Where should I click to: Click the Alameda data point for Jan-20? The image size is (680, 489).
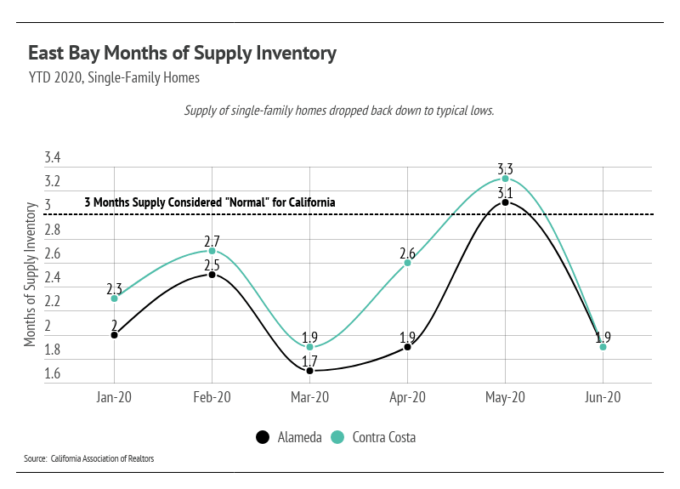(x=115, y=335)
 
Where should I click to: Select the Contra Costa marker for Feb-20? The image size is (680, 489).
(x=212, y=251)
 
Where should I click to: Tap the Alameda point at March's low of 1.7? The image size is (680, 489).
(x=309, y=371)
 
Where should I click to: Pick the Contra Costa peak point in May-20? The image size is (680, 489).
(x=505, y=179)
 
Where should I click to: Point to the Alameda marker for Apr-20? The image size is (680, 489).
(x=408, y=347)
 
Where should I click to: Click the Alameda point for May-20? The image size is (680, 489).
(x=505, y=202)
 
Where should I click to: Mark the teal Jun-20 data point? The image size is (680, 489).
(x=603, y=347)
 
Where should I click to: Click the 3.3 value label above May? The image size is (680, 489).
(x=505, y=168)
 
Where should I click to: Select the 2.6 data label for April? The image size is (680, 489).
(x=408, y=253)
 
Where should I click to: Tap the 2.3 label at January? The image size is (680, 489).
(x=115, y=288)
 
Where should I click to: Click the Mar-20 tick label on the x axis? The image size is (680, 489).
(x=309, y=397)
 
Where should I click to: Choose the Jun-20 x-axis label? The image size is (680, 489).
(x=603, y=397)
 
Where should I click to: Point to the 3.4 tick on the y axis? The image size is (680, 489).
(x=53, y=157)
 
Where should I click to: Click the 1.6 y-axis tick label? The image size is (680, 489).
(x=53, y=373)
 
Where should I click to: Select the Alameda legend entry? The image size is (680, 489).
(x=289, y=437)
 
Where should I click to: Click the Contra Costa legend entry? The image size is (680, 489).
(x=373, y=437)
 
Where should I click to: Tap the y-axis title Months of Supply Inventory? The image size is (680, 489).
(x=30, y=274)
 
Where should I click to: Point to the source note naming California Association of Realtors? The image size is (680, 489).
(x=89, y=458)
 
